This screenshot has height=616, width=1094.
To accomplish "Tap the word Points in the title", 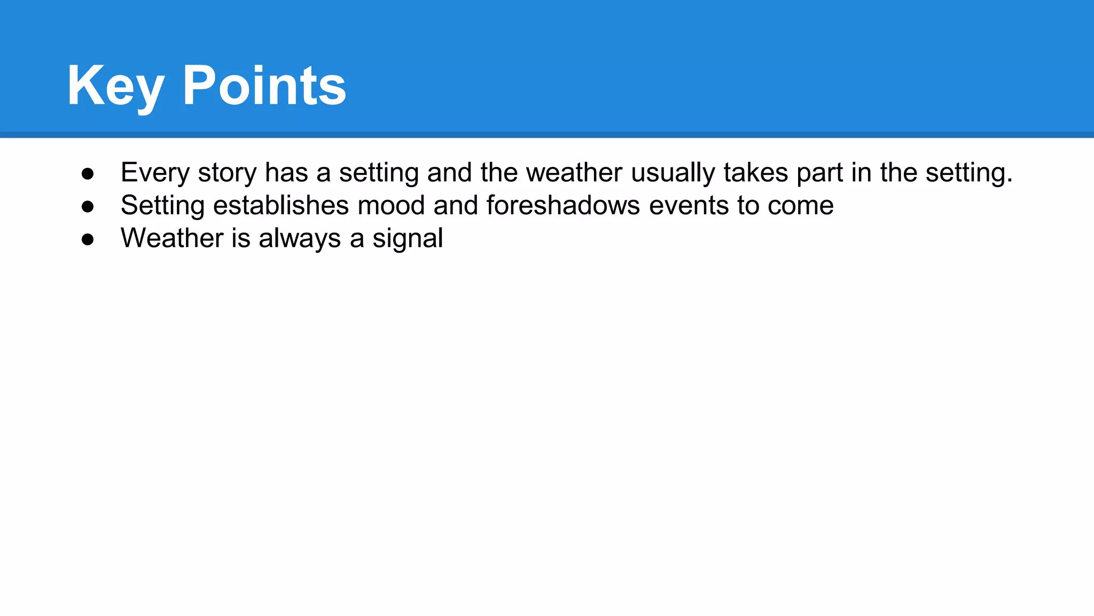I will (264, 86).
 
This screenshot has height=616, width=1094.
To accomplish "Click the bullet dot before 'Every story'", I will (88, 173).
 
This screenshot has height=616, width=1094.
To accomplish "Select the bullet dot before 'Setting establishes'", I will (88, 206).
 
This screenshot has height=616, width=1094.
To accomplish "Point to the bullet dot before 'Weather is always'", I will (88, 239).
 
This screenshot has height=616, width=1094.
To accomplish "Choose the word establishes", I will (281, 206).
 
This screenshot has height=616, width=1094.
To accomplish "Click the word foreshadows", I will (563, 206).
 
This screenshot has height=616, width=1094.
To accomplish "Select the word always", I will (300, 239).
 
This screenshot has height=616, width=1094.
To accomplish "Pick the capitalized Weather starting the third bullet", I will (172, 238).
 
